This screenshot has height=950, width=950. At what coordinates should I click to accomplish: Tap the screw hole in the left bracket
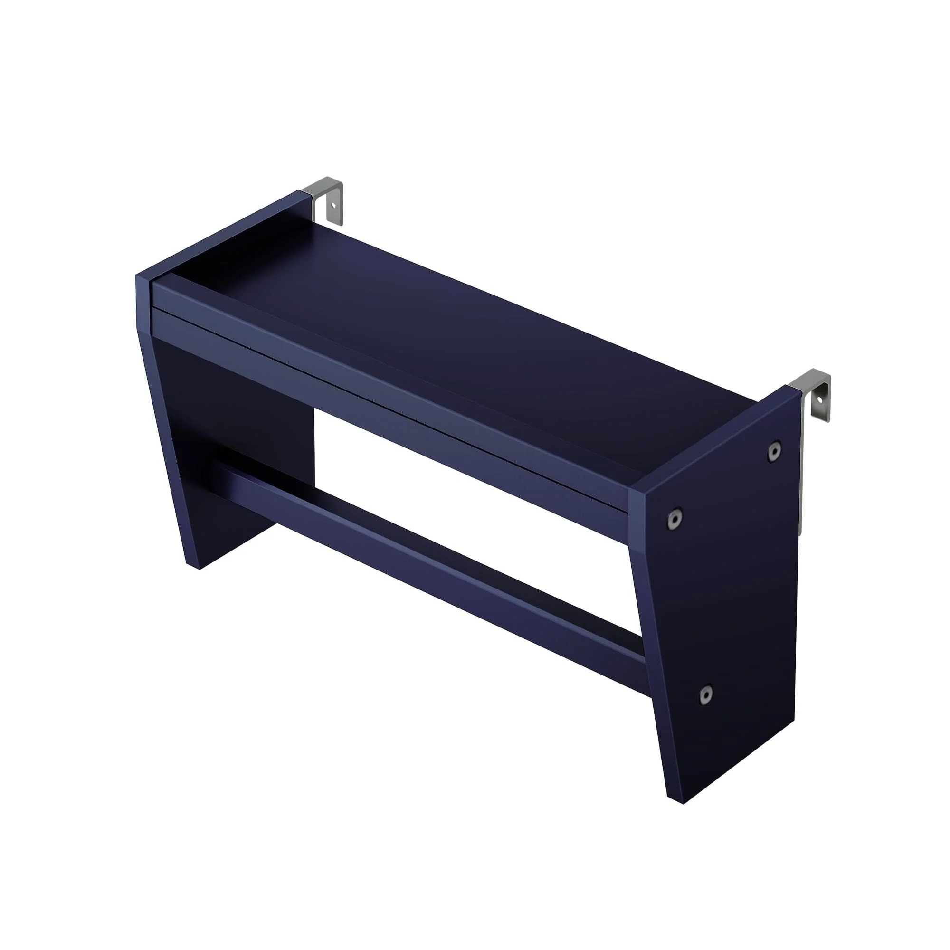pyautogui.click(x=333, y=206)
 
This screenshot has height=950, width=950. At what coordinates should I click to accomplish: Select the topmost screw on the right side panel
pyautogui.click(x=774, y=451)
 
